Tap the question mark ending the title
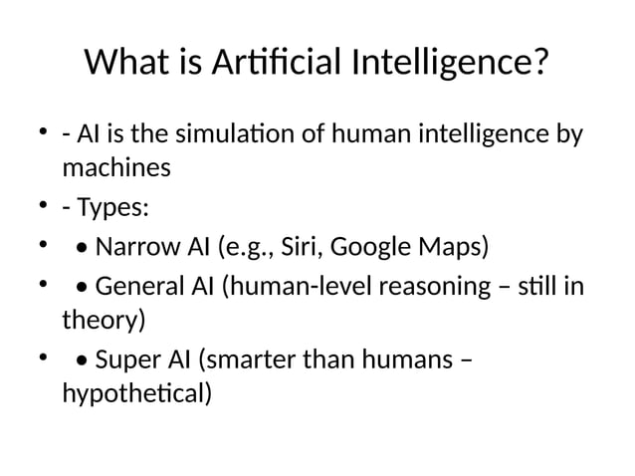click(x=539, y=64)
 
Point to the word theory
click(x=100, y=321)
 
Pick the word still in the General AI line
click(x=540, y=286)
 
